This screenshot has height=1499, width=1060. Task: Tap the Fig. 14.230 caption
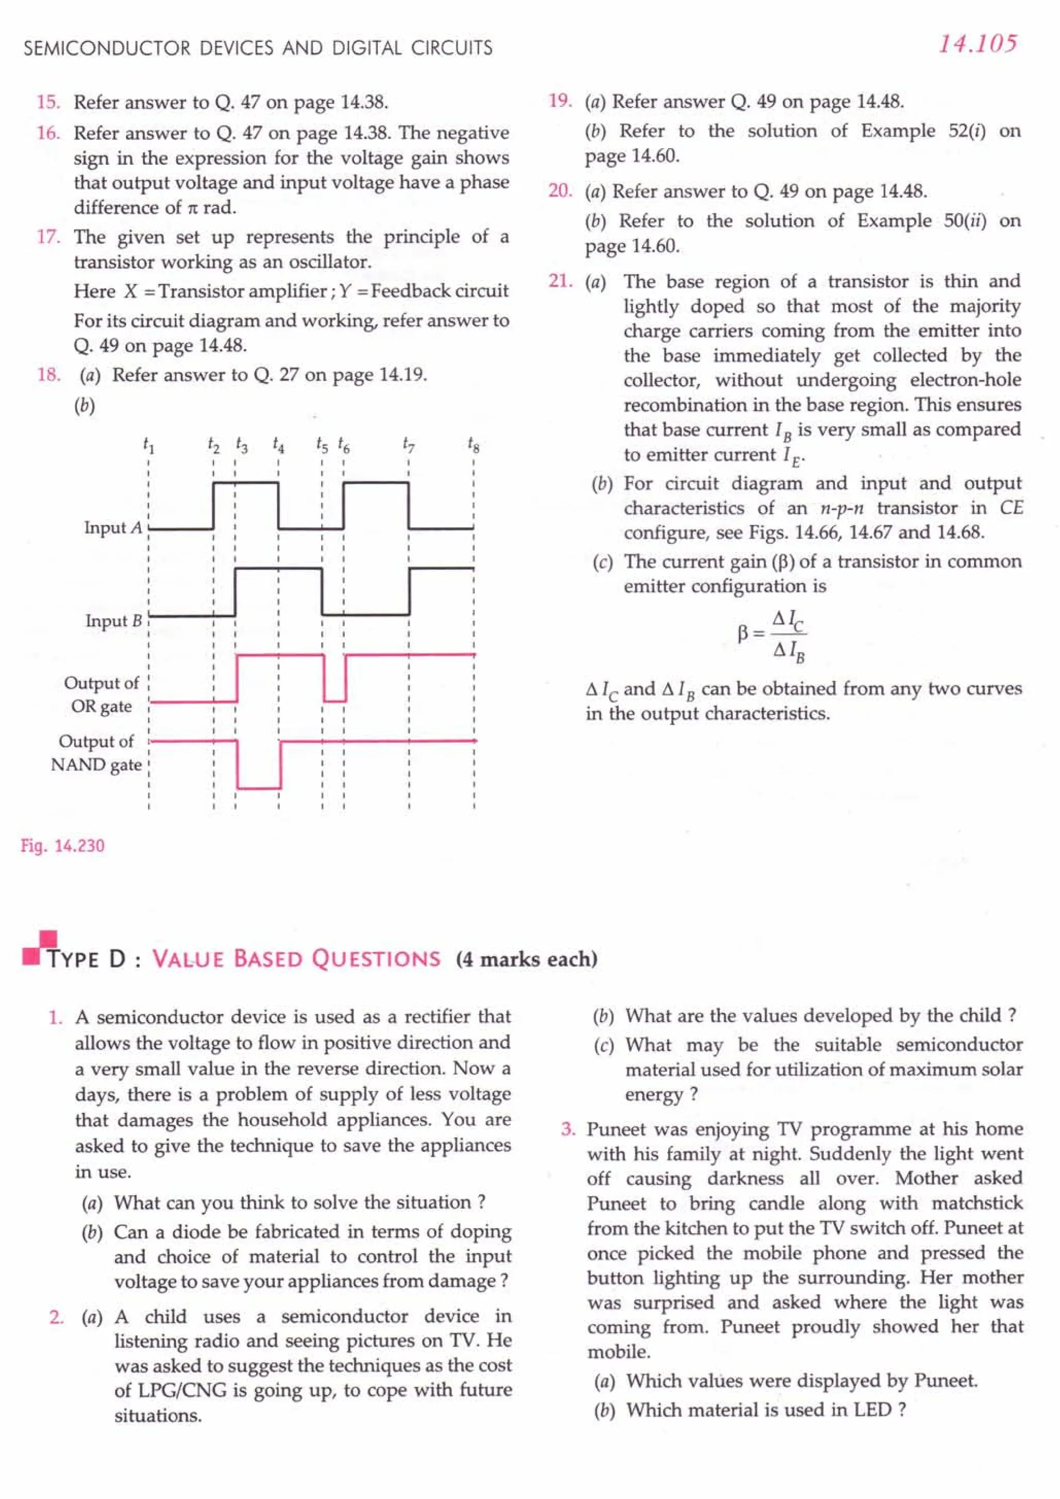tap(63, 846)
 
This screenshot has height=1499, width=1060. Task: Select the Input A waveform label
tap(112, 528)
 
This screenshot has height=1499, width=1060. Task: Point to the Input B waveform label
tap(113, 621)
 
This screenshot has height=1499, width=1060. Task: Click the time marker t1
tap(149, 445)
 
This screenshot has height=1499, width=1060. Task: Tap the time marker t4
tap(278, 445)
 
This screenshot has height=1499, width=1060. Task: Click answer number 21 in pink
tap(560, 281)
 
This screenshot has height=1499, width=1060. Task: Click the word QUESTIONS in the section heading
tap(375, 959)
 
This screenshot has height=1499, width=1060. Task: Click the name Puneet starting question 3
tap(613, 1129)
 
